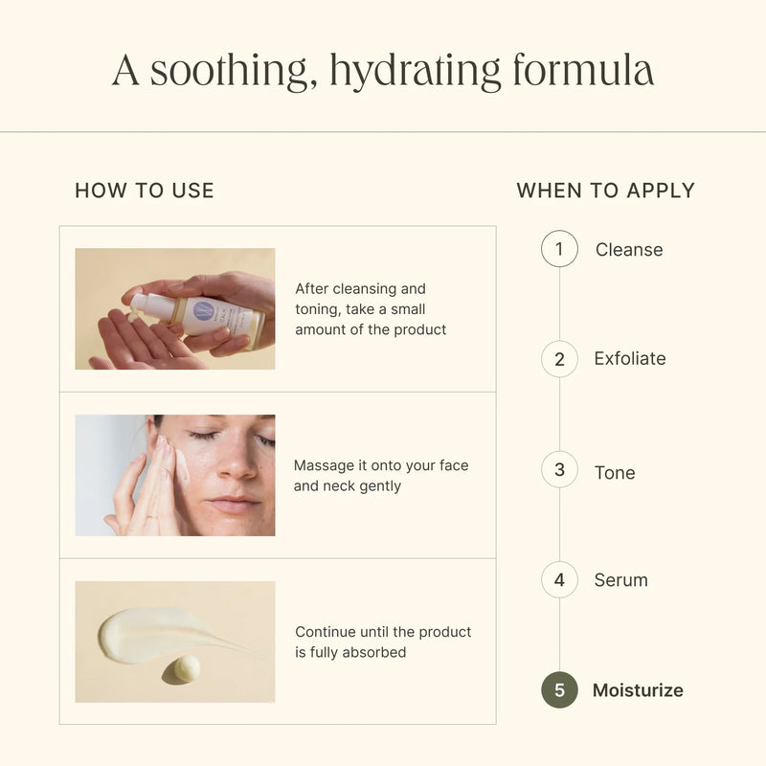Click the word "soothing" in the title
(229, 71)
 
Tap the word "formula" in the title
(583, 70)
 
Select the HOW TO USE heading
(145, 191)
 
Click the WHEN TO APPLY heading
(606, 191)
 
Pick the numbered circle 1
(559, 249)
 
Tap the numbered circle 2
(559, 359)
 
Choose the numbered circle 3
(559, 469)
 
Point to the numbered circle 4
(559, 580)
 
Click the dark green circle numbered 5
(559, 689)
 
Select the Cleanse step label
(629, 250)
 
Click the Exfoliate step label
(630, 358)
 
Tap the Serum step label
(620, 580)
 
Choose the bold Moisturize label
(638, 690)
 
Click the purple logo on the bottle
(203, 310)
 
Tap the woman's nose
(236, 461)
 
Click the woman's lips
(236, 504)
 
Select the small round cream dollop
(182, 669)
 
